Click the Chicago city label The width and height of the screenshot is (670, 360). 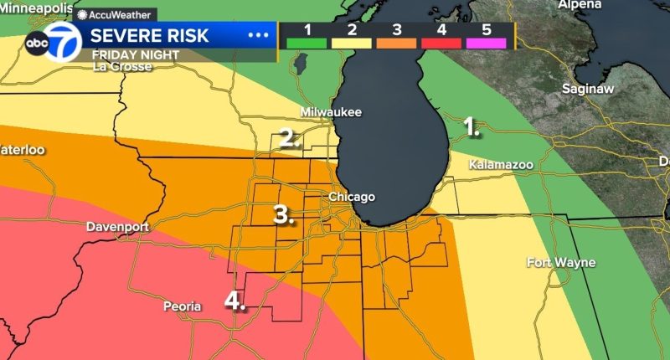coord(352,197)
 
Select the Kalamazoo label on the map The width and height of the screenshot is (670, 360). coord(501,164)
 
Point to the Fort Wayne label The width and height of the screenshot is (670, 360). coord(560,263)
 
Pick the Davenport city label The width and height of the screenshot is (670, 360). coord(117,227)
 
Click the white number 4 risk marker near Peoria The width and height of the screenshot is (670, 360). coord(235,301)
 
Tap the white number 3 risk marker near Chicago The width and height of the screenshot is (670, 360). coord(284,214)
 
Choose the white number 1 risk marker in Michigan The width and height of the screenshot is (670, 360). coord(472,127)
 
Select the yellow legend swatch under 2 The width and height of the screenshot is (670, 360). coord(352,43)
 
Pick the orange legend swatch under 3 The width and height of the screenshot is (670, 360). coord(397,43)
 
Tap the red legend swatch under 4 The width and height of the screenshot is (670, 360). coord(442,43)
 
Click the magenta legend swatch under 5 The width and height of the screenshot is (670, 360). coord(487,43)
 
